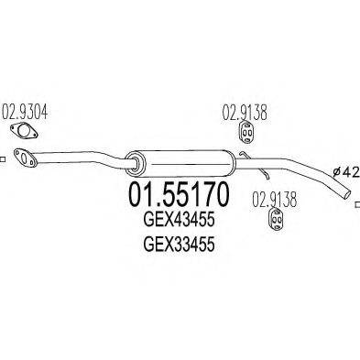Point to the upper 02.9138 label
243,115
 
